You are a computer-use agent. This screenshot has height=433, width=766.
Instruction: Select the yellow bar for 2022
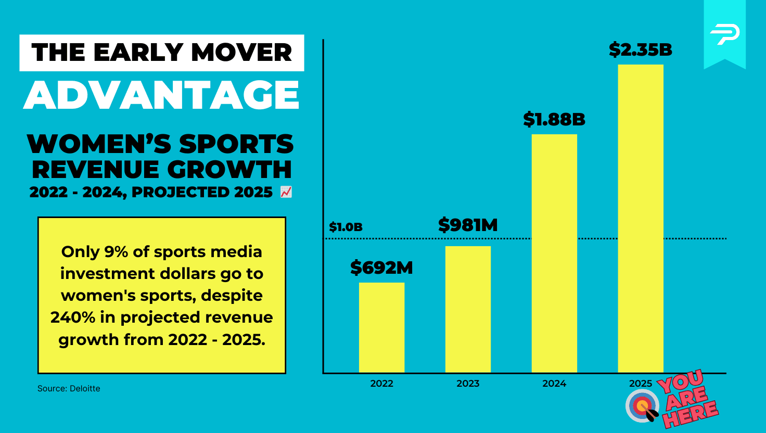coord(381,327)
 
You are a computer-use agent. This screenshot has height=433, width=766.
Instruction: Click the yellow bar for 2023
coord(468,309)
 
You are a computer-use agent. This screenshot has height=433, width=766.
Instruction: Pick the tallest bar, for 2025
coord(641,218)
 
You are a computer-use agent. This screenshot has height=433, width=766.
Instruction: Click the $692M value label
coord(381,268)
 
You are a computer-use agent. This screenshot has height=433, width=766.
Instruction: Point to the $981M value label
coord(468,225)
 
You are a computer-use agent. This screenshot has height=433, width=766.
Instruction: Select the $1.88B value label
coord(554,120)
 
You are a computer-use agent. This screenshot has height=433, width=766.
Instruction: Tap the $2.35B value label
coord(641,50)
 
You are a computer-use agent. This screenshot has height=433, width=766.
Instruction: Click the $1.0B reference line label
coord(346,227)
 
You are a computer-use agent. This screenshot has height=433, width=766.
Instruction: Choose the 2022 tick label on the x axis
coord(381,384)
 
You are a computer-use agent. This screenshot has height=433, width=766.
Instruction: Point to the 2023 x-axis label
coord(468,384)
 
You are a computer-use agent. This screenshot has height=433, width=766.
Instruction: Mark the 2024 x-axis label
coord(554,384)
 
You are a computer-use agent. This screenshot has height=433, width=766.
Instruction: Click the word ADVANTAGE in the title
coord(161,95)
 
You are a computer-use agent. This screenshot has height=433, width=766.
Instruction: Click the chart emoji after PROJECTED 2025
coord(286,193)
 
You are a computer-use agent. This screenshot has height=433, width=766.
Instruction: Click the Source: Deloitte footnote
coord(69,388)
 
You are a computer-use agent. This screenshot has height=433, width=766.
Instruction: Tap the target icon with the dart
coord(643,406)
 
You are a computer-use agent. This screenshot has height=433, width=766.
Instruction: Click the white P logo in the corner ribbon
coord(724,34)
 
